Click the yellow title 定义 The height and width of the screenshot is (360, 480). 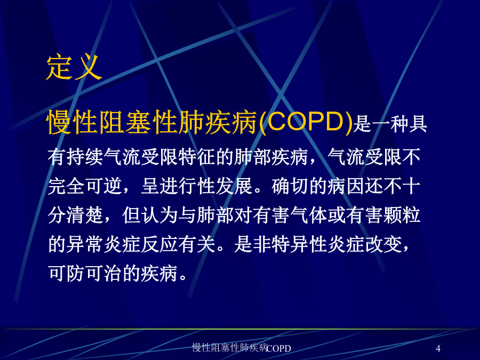(x=74, y=67)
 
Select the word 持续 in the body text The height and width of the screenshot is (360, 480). (x=76, y=157)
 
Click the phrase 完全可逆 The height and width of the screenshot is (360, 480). (x=85, y=186)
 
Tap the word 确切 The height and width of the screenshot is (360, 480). (x=290, y=186)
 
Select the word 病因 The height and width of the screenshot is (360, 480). (x=346, y=186)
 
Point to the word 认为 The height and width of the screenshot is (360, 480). (x=159, y=215)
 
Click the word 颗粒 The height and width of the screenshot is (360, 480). (x=402, y=215)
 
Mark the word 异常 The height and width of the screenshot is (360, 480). (x=85, y=244)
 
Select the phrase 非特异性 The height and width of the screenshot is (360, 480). (x=290, y=244)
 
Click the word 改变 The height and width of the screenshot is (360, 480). (x=383, y=244)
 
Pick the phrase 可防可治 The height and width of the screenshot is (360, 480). (x=85, y=273)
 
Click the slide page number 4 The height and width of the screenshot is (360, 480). (x=438, y=348)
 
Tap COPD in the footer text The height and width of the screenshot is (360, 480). (x=278, y=348)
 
